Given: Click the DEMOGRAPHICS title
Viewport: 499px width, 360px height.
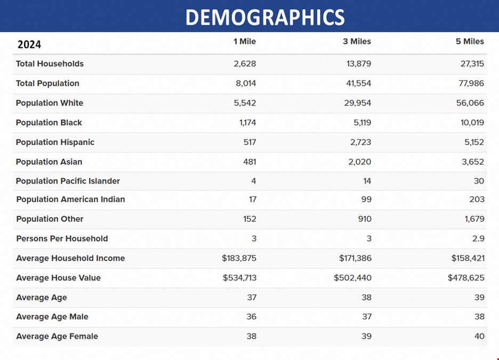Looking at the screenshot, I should tap(265, 17).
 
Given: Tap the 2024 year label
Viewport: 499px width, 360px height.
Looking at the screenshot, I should tap(29, 44).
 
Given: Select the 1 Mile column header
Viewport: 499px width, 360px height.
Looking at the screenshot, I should tap(245, 42).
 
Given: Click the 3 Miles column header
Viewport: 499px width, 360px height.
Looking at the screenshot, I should tap(357, 42).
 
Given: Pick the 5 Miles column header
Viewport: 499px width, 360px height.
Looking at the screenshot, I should tap(470, 42).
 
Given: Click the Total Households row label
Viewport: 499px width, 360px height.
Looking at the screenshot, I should tap(50, 64).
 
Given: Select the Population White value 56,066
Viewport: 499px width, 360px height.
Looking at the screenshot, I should tap(470, 103).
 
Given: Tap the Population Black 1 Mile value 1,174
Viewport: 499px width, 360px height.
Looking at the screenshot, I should tap(247, 123).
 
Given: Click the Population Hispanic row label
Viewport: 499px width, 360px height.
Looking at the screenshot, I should tap(55, 142).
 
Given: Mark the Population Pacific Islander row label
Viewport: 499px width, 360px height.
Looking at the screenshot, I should tap(68, 181).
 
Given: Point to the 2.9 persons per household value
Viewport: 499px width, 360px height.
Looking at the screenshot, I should tap(478, 238).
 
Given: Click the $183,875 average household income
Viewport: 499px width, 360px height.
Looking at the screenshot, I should tap(239, 258).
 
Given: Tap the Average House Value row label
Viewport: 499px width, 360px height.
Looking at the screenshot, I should tap(58, 278).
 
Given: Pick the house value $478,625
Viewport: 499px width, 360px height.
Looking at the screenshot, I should tap(466, 278).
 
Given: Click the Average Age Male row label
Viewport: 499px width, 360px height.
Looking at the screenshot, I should tap(52, 317).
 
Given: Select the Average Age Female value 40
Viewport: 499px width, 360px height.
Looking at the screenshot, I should tap(479, 336).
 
